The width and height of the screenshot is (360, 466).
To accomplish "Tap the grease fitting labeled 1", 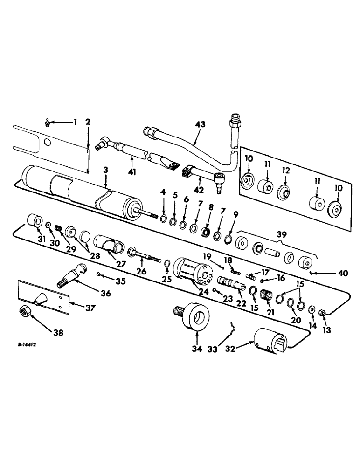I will click(48, 123).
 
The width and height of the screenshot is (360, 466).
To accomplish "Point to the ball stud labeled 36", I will click(74, 275).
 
